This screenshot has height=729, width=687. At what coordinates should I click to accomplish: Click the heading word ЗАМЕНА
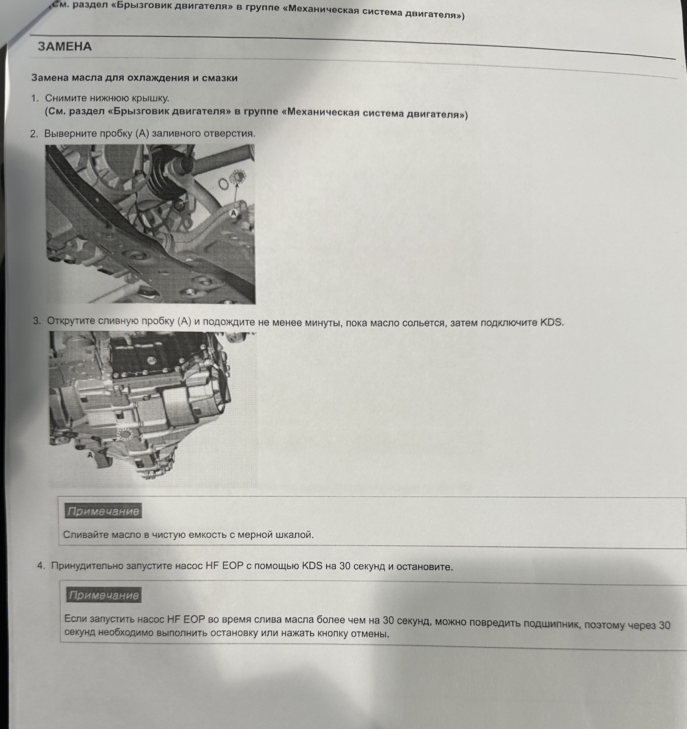click(x=64, y=47)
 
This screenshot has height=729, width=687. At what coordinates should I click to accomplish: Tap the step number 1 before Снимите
click(x=34, y=98)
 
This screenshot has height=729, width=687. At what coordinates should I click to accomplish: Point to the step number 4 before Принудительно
click(x=41, y=566)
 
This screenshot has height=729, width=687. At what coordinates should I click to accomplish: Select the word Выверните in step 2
click(x=69, y=134)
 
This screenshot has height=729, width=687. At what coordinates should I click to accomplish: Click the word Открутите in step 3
click(x=71, y=321)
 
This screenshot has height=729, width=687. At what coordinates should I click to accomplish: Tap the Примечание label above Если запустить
click(x=104, y=595)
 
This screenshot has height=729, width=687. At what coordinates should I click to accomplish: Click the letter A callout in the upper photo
click(x=234, y=213)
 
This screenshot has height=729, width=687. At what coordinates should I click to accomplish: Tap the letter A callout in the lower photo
click(x=90, y=454)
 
